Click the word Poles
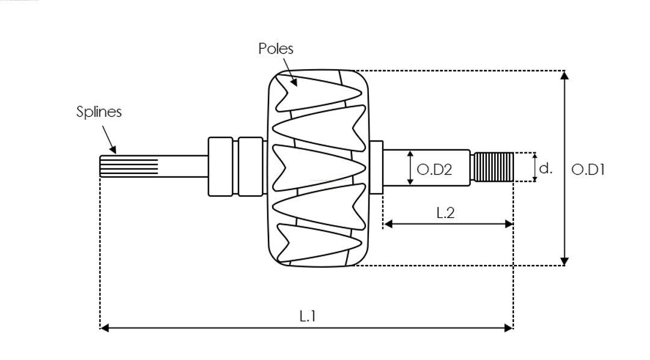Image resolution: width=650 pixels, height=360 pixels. click(276, 49)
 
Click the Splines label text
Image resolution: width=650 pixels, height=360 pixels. click(99, 112)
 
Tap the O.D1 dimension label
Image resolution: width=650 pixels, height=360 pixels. click(587, 170)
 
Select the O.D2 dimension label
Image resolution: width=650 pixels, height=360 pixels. click(434, 170)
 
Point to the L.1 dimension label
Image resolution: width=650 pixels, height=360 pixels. click(308, 316)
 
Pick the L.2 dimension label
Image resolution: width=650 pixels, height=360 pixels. click(445, 212)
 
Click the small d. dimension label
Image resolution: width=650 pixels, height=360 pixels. click(545, 169)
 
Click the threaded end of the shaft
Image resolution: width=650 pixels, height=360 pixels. click(493, 167)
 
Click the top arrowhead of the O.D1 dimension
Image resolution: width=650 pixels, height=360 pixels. click(564, 75)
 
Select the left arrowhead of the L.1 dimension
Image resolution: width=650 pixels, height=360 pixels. click(104, 327)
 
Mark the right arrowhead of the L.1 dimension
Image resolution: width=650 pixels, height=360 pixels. click(509, 327)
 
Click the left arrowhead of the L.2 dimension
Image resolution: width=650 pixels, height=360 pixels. click(388, 224)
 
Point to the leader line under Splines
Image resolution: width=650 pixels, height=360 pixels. click(108, 138)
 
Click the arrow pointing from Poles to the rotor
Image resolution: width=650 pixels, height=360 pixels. click(289, 76)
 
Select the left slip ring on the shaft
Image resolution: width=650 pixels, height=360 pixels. click(220, 166)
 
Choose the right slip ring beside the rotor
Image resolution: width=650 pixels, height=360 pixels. click(250, 166)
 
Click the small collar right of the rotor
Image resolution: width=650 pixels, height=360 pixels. click(376, 167)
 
